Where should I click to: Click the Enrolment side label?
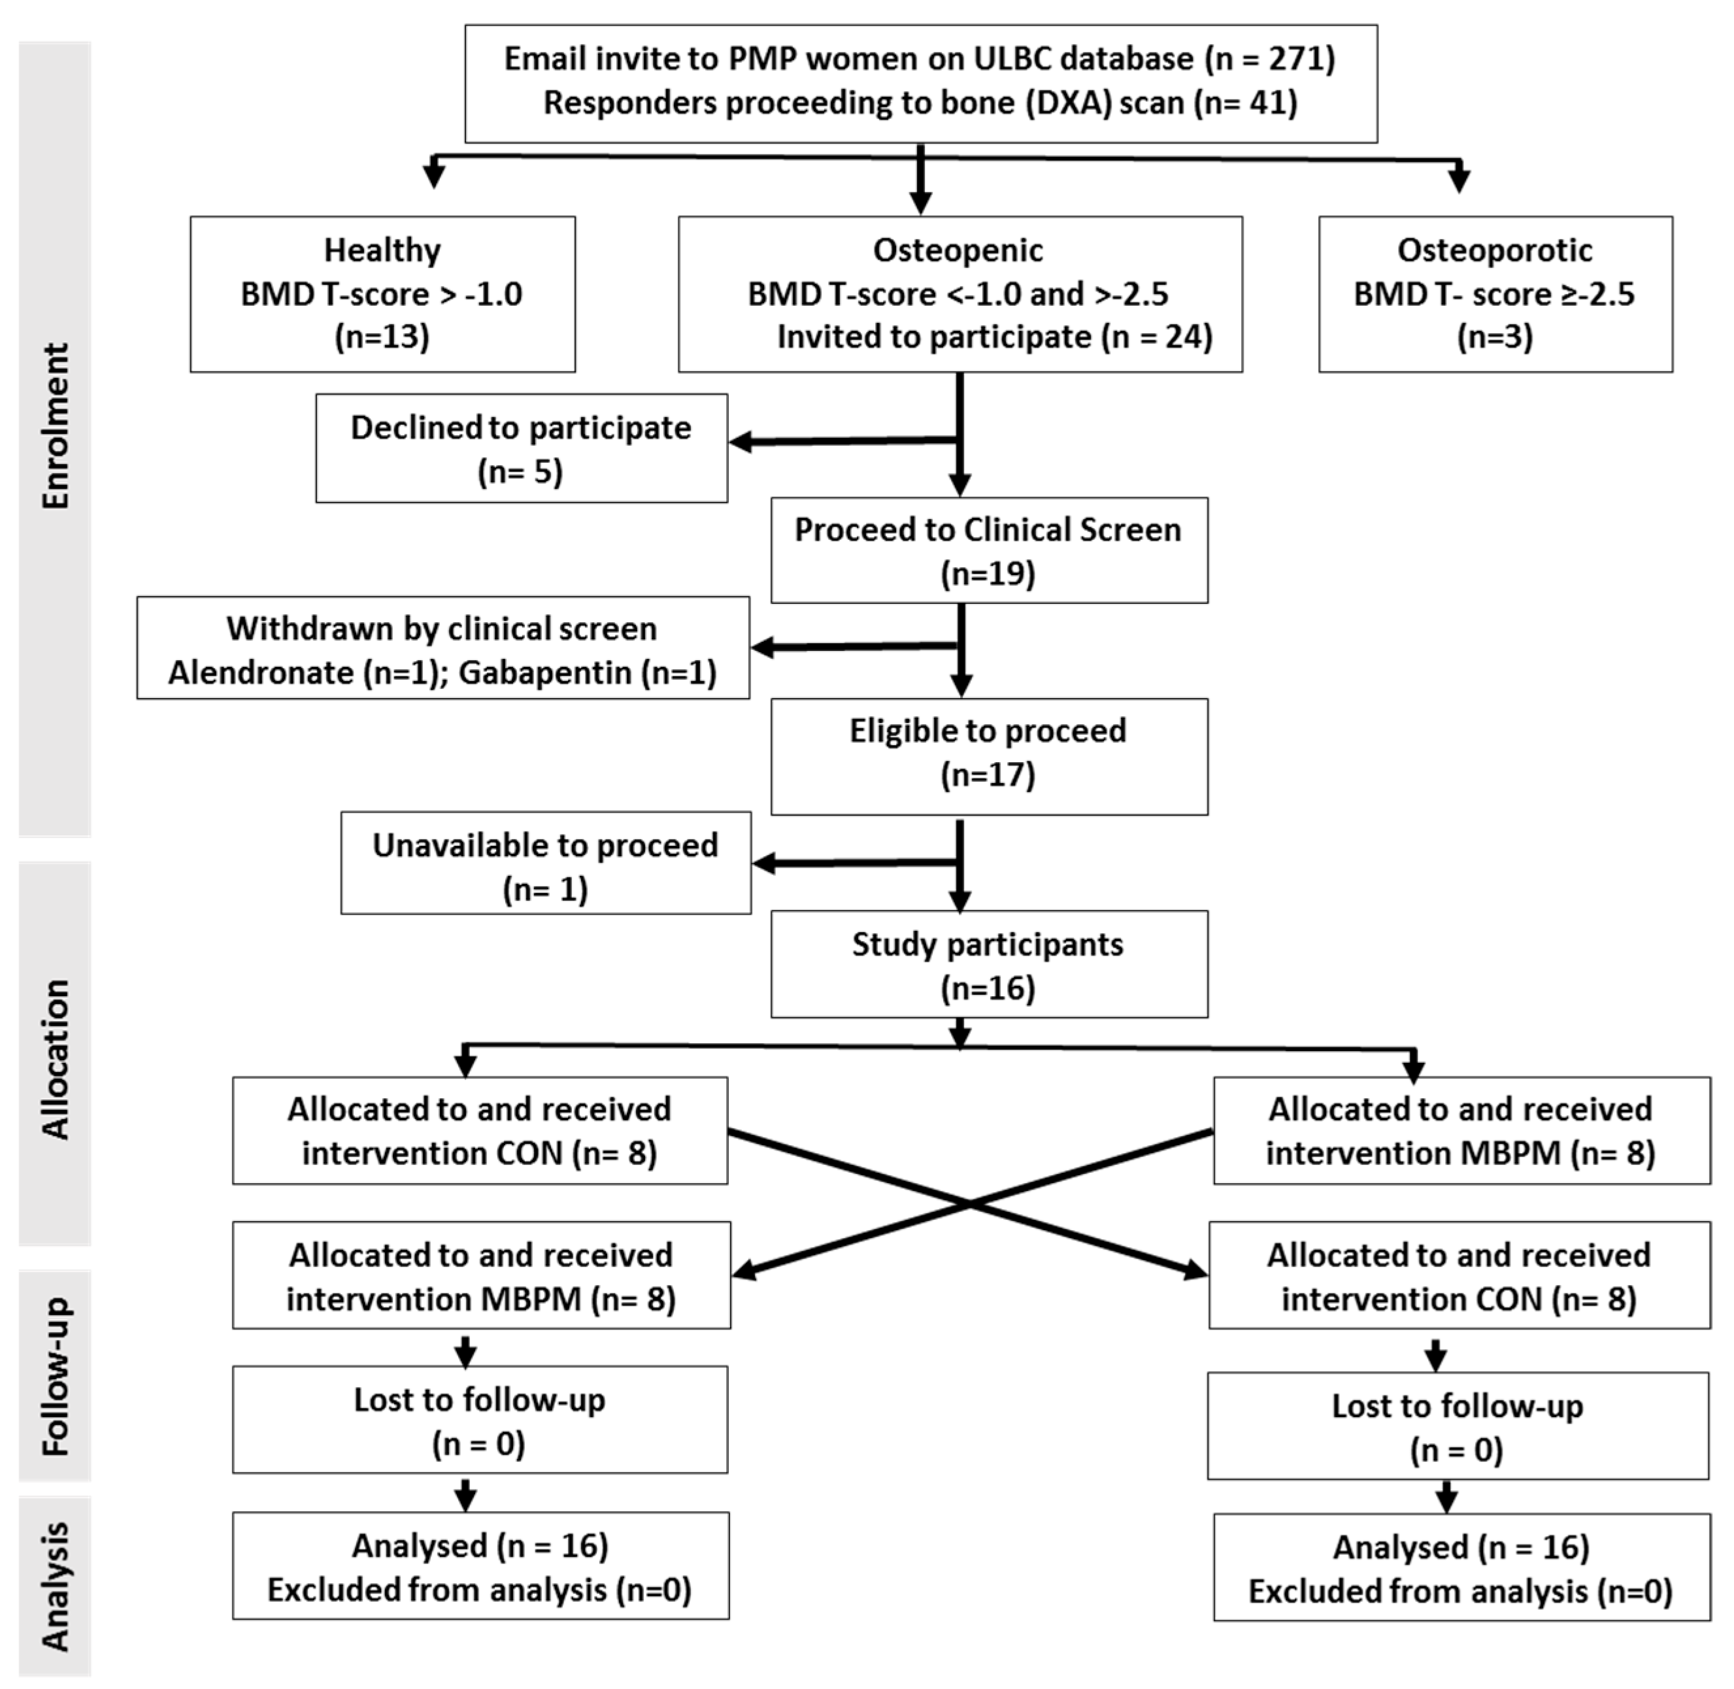[55, 426]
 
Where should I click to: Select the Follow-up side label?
[55, 1376]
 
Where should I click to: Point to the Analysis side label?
[55, 1587]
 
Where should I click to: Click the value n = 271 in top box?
[1269, 59]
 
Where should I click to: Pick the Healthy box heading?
[382, 250]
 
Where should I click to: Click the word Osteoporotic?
[1495, 250]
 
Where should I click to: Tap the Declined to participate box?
[521, 448]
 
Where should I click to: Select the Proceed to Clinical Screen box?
[988, 550]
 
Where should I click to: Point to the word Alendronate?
[261, 673]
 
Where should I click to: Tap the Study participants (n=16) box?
[988, 964]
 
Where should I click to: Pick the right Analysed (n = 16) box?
[1460, 1568]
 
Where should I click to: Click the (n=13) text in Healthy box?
[382, 337]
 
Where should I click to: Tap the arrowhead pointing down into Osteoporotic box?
[1458, 181]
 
